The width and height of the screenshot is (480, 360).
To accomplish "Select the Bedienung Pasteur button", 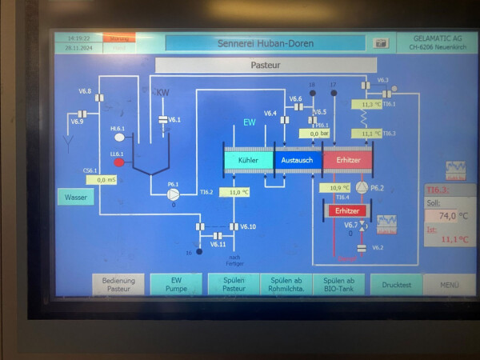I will (x=119, y=284).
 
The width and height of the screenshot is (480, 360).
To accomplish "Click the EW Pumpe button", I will (x=175, y=284).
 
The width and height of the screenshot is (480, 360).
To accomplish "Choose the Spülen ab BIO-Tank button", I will (x=338, y=284).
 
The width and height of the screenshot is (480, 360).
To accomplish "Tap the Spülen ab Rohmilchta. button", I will (x=286, y=284).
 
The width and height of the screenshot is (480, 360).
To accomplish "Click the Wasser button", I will (x=75, y=197).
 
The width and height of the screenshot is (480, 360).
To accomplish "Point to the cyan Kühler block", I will (x=247, y=161).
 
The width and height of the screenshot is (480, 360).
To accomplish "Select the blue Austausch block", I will (x=298, y=161).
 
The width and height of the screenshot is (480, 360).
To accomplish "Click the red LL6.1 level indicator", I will (x=119, y=162).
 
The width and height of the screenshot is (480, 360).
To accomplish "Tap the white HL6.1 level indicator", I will (x=119, y=138).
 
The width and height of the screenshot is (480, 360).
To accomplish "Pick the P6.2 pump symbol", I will (x=362, y=187).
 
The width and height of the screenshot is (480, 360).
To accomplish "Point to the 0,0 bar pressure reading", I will (x=319, y=134).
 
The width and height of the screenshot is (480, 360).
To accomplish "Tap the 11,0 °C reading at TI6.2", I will (x=234, y=192).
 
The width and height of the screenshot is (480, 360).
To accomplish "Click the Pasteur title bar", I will (x=265, y=65).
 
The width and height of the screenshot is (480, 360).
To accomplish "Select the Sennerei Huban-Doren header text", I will (x=265, y=42).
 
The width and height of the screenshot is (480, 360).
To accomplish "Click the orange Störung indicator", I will (x=119, y=38).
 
